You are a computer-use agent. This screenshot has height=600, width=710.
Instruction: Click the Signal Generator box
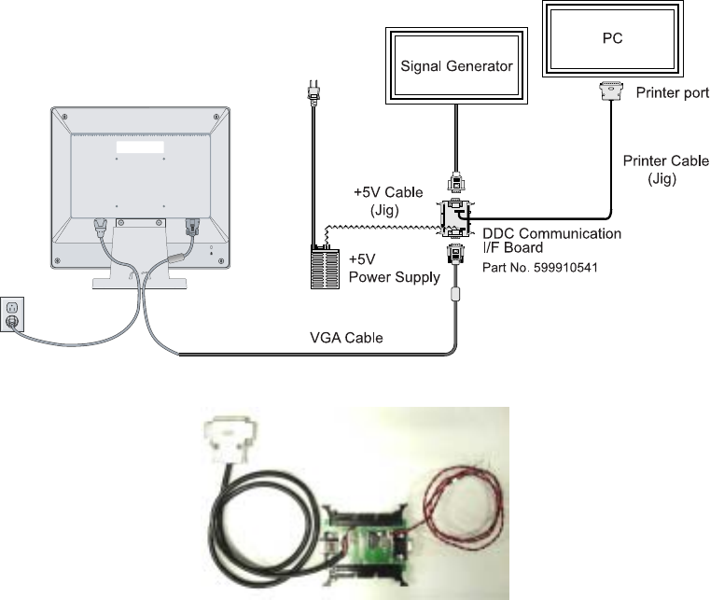(x=456, y=66)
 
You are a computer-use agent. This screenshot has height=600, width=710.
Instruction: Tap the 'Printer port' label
(x=672, y=93)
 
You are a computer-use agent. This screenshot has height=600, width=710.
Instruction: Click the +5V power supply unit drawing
(x=325, y=267)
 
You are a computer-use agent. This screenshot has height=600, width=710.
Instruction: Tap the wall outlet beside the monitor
(x=12, y=314)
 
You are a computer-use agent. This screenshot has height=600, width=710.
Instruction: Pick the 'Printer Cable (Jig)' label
(x=662, y=167)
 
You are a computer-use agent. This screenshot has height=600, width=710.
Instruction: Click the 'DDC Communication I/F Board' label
(x=550, y=240)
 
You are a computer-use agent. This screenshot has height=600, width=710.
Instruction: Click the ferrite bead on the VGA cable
(x=455, y=294)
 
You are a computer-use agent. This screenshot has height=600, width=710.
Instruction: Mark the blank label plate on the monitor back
(x=140, y=145)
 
